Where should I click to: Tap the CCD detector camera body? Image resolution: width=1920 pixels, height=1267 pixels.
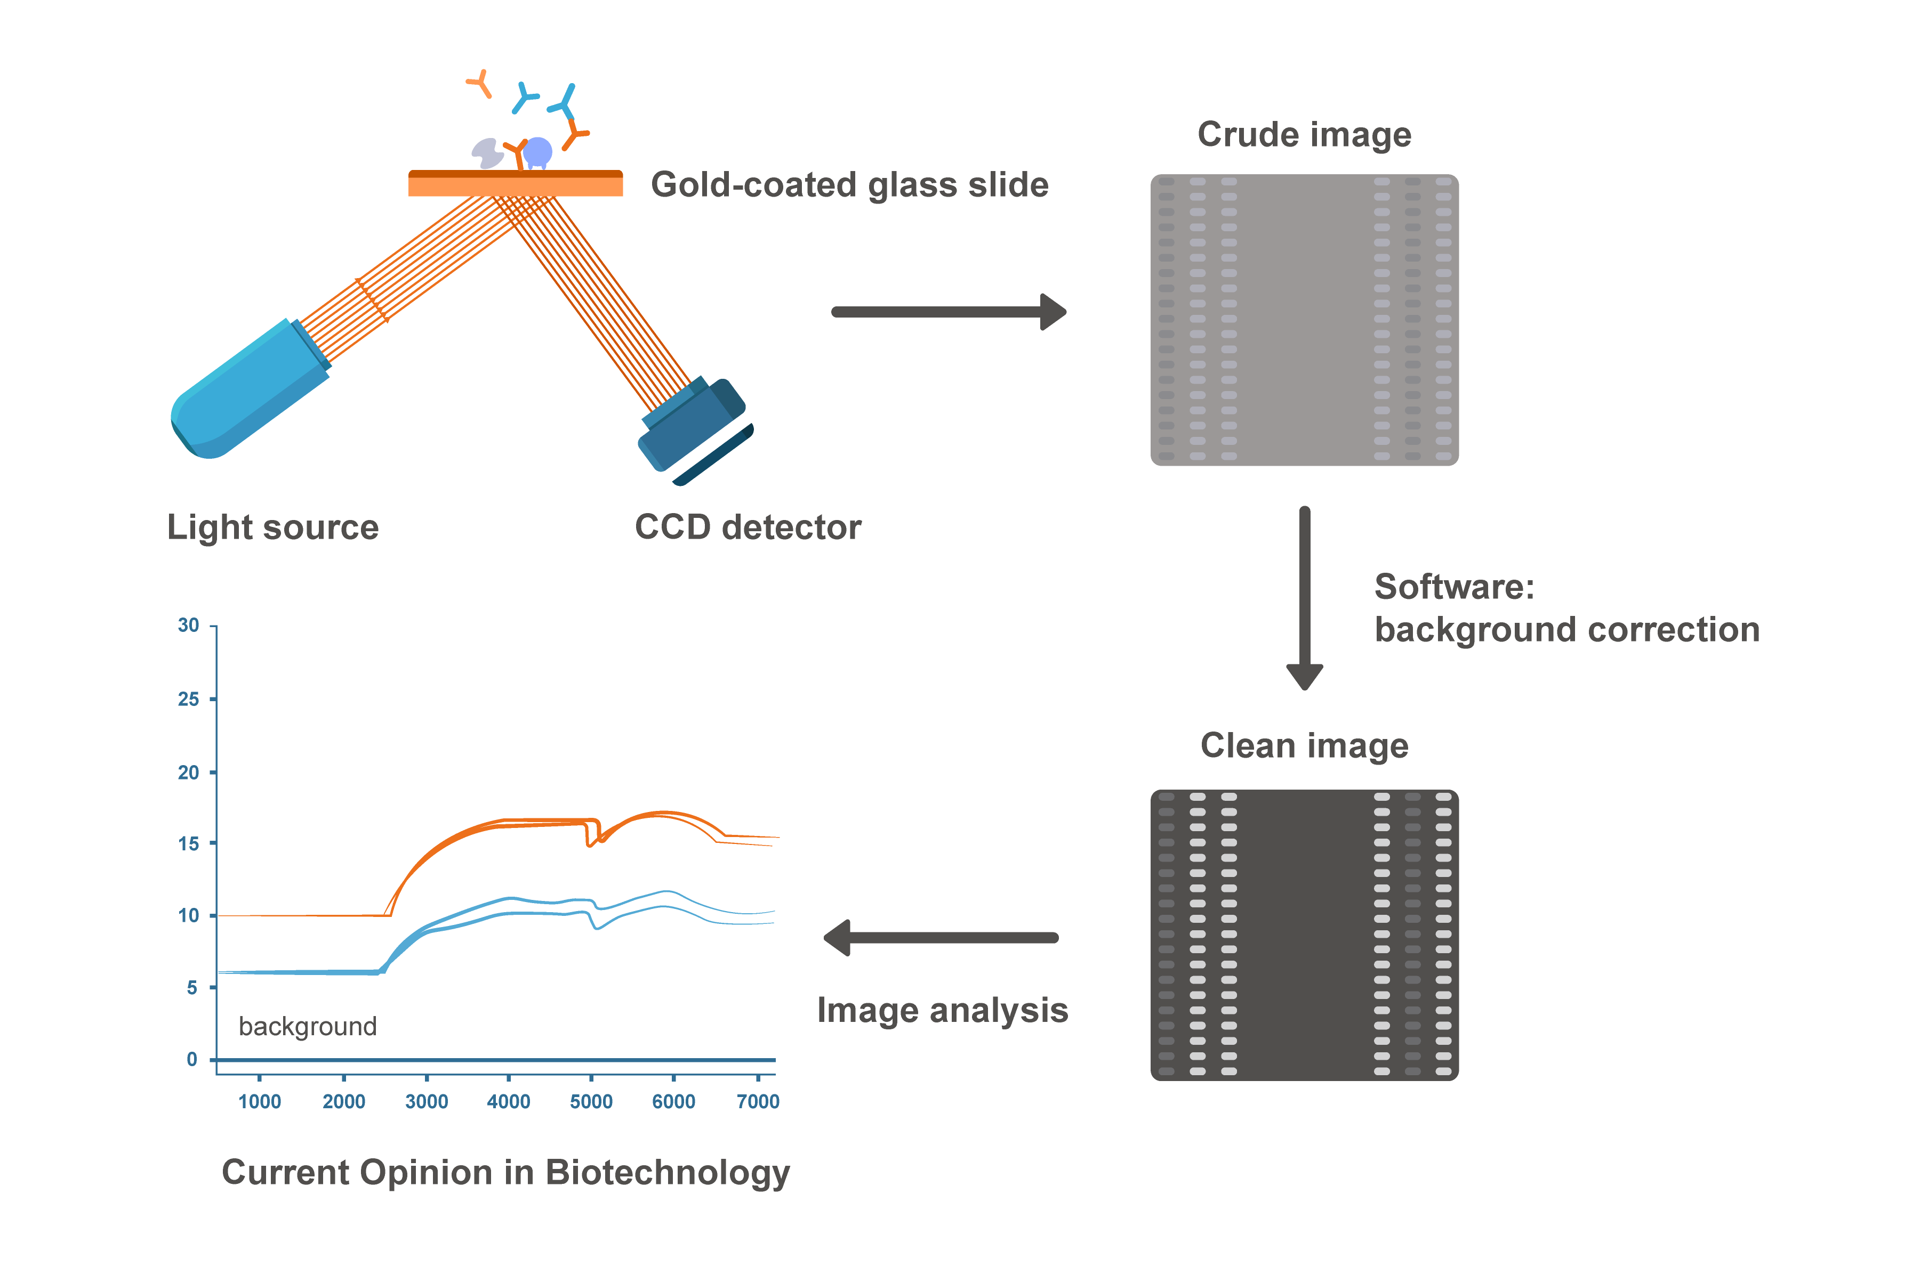pyautogui.click(x=694, y=428)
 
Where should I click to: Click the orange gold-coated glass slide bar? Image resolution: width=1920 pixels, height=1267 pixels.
pyautogui.click(x=515, y=184)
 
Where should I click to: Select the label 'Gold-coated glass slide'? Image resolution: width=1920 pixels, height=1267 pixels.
pyautogui.click(x=849, y=185)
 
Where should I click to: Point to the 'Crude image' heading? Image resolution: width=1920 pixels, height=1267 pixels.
pyautogui.click(x=1304, y=135)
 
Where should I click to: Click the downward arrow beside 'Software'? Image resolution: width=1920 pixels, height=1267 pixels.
pyautogui.click(x=1304, y=598)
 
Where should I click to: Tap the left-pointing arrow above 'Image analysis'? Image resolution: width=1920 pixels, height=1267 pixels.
pyautogui.click(x=942, y=937)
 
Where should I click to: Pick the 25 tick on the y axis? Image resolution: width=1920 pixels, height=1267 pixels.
pyautogui.click(x=188, y=699)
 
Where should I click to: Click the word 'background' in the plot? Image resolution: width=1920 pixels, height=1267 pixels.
pyautogui.click(x=307, y=1026)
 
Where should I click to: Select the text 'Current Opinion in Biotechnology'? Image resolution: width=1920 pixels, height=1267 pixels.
pyautogui.click(x=505, y=1173)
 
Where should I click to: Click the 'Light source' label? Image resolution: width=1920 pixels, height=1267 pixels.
pyautogui.click(x=272, y=527)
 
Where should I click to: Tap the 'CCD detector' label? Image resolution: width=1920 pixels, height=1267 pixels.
pyautogui.click(x=748, y=527)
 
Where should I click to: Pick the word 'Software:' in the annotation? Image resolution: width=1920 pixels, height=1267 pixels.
pyautogui.click(x=1453, y=587)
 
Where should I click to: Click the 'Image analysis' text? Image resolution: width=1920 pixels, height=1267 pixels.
pyautogui.click(x=942, y=1010)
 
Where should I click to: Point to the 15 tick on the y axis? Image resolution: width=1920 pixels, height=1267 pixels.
pyautogui.click(x=188, y=843)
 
